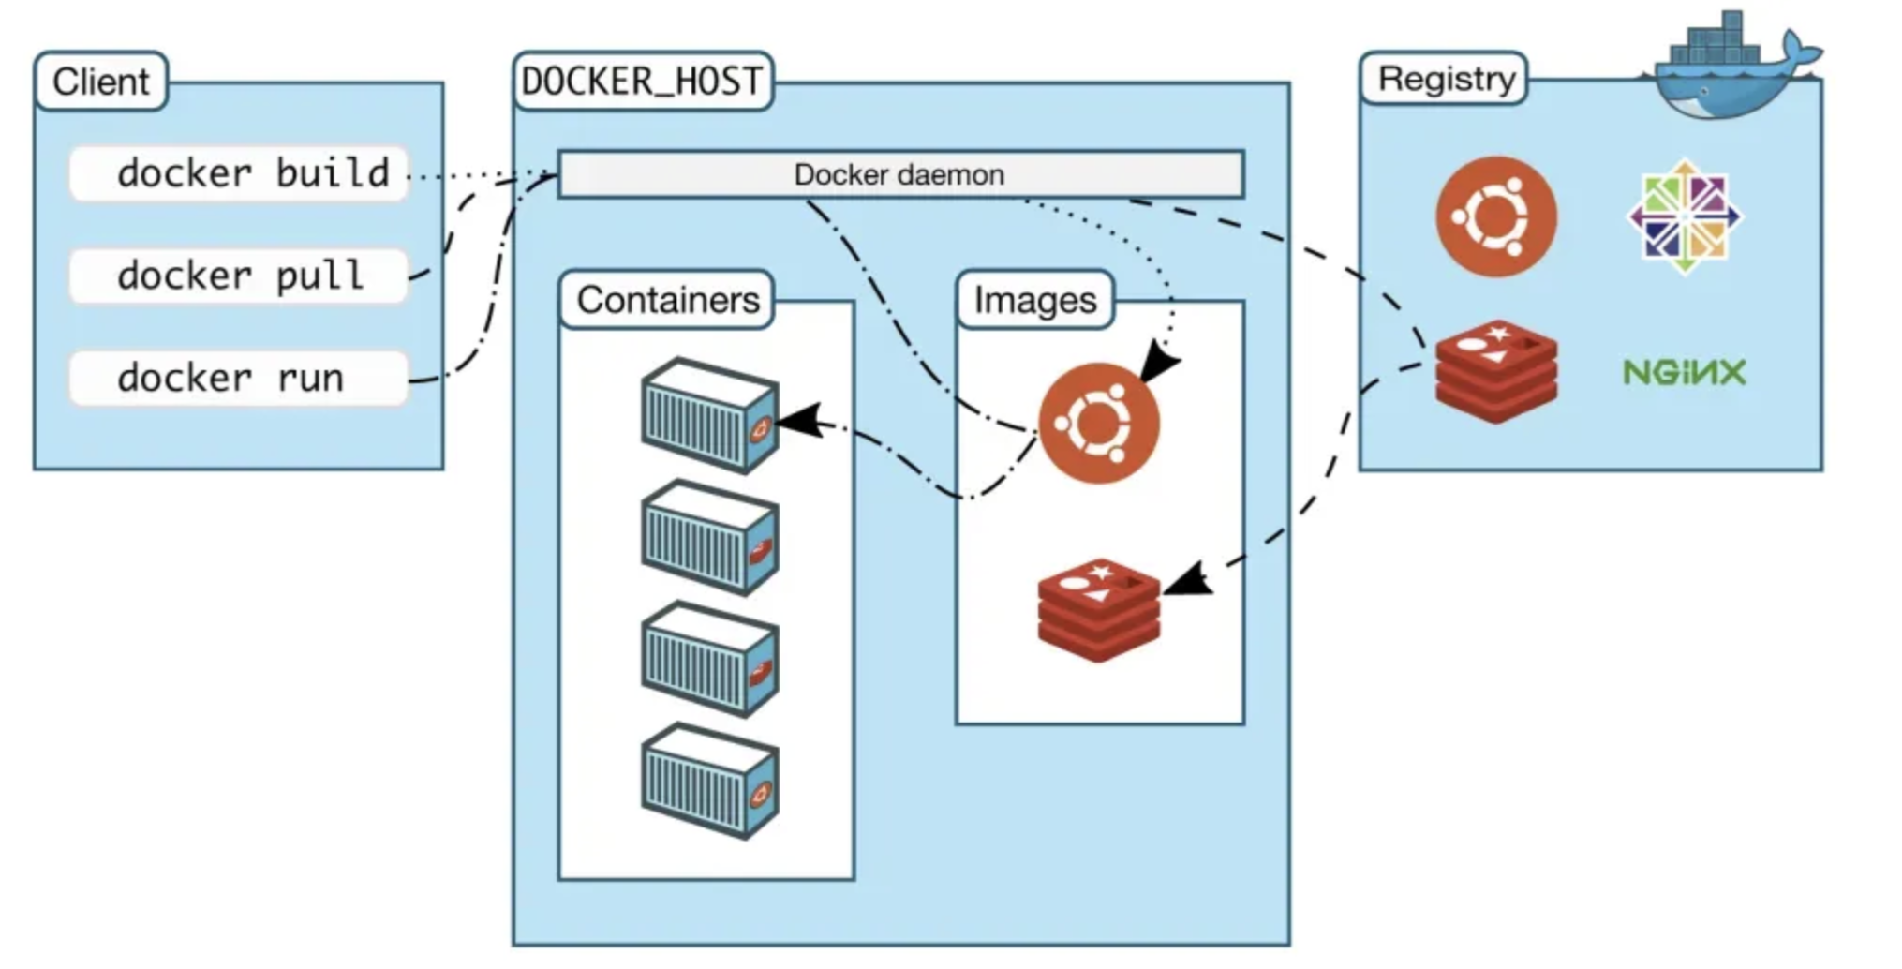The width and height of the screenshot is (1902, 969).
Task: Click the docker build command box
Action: coord(239,173)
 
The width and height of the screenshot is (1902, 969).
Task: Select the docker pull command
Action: coord(239,276)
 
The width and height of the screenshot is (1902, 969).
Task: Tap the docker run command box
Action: coord(239,378)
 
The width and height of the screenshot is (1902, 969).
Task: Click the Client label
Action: coord(101,82)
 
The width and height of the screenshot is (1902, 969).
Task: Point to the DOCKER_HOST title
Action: coord(643,82)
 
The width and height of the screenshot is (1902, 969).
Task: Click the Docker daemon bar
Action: coord(899,174)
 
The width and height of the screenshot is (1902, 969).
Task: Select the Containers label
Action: coord(667,300)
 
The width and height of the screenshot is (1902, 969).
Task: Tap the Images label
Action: coord(1034,300)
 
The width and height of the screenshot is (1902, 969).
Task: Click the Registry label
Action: coord(1446,79)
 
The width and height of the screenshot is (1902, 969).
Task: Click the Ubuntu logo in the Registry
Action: coord(1495,216)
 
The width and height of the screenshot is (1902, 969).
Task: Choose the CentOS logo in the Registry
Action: coord(1684,216)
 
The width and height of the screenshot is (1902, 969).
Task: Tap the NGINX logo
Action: coord(1684,372)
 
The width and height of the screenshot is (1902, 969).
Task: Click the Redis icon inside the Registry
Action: coord(1495,371)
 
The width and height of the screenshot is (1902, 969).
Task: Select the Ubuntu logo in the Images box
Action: coord(1098,423)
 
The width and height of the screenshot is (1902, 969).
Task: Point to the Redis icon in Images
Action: coord(1098,610)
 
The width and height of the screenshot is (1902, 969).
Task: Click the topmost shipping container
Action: coord(709,415)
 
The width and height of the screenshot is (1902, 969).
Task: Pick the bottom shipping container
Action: coord(709,781)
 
